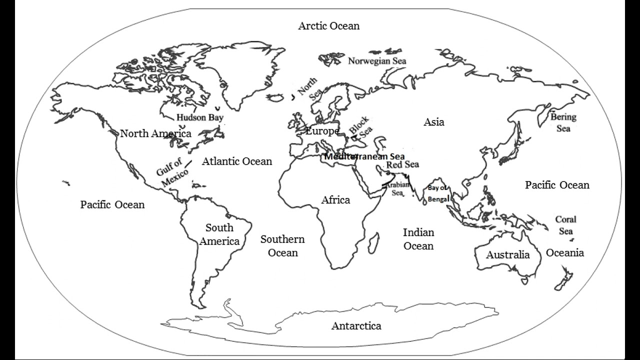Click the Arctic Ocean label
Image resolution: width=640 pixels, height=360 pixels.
pos(328,26)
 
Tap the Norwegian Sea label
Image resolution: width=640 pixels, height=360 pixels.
pos(377,61)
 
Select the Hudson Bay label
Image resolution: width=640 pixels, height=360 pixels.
pos(199,118)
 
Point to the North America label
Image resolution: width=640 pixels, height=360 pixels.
pos(155,133)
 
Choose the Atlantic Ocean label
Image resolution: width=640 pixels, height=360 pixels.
pos(237,161)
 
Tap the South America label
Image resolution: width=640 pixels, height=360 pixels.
pos(219,234)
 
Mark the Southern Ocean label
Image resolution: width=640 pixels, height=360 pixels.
pos(282,246)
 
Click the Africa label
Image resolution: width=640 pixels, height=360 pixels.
pos(335,200)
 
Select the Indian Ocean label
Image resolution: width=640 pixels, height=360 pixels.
pos(418,239)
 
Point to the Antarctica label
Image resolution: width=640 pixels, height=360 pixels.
pos(356,326)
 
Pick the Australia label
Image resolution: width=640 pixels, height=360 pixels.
pos(507,254)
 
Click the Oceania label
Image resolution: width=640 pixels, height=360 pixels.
pos(564,252)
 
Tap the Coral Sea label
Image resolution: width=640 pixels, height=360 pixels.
pos(566,225)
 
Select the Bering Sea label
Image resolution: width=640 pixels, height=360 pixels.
pos(563,122)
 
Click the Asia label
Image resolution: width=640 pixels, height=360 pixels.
pos(433,122)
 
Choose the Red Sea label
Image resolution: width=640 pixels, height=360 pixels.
pos(402,164)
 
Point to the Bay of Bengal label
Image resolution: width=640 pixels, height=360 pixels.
pos(438,193)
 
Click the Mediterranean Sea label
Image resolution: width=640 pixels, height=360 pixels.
pos(364,156)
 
